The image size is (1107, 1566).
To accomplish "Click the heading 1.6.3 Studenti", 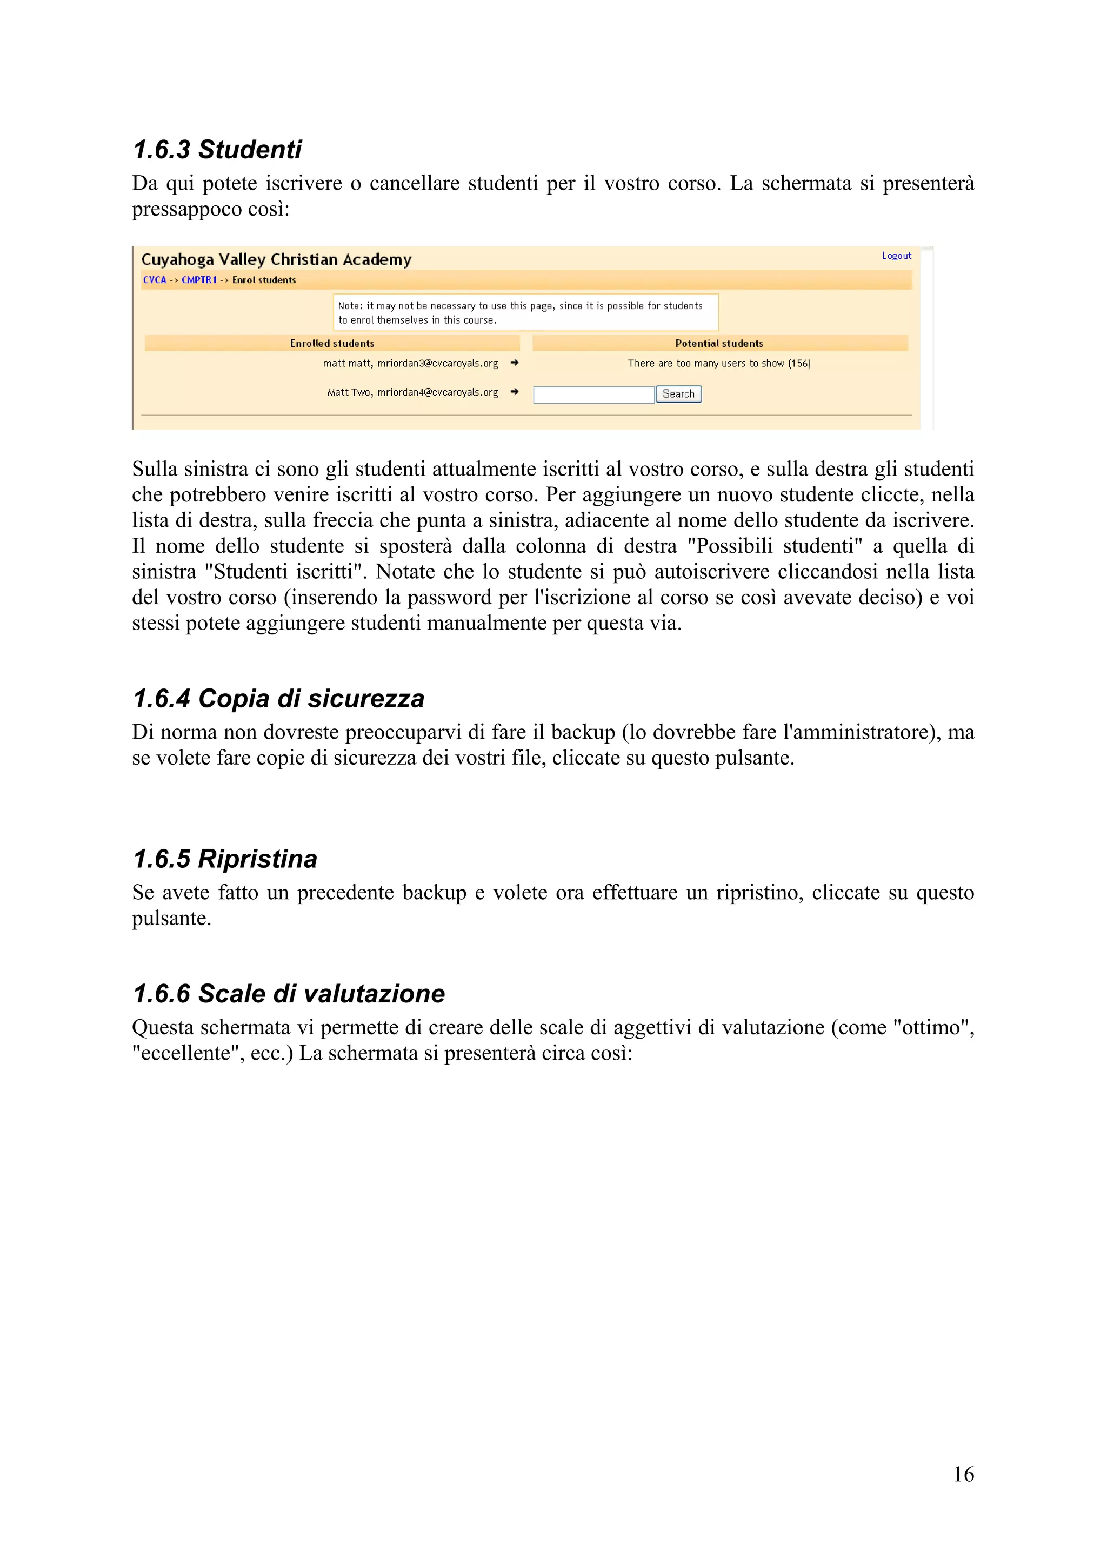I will tap(217, 149).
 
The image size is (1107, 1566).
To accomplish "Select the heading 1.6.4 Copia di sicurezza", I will tap(278, 698).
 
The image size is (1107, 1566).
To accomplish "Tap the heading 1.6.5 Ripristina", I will tap(225, 859).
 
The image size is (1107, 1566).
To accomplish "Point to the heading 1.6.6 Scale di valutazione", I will tap(289, 994).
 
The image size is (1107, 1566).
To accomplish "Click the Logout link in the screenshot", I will tap(896, 256).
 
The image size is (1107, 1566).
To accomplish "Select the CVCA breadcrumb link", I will tap(154, 280).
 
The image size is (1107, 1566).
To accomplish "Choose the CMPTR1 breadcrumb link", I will tap(198, 280).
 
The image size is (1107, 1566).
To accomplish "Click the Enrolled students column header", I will tap(332, 343).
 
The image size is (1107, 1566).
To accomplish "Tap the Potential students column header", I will tap(719, 343).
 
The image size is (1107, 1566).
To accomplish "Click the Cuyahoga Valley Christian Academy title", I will tap(276, 259).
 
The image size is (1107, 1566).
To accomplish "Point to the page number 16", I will tap(963, 1475).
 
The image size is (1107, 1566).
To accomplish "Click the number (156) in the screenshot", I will tap(799, 364).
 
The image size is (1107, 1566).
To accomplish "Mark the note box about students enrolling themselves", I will tap(525, 312).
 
